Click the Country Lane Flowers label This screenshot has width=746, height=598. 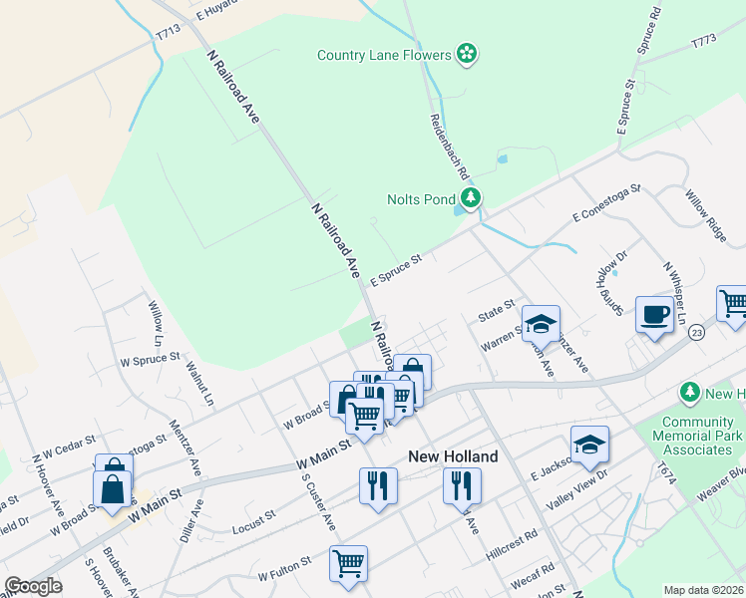pos(384,55)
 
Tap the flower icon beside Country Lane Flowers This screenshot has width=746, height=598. pos(467,54)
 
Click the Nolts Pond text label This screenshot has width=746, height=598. pos(420,198)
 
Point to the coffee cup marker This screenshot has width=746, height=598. pos(654,316)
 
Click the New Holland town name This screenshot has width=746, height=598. pos(453,456)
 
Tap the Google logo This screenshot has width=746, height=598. pos(33,586)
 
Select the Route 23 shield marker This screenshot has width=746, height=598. pos(695,332)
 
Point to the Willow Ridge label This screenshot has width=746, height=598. pos(706,217)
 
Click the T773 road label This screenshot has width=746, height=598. pos(704,43)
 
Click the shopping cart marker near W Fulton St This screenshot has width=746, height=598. pos(348,563)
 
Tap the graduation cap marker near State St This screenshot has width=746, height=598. pos(541,322)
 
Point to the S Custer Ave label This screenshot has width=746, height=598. pos(318,503)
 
